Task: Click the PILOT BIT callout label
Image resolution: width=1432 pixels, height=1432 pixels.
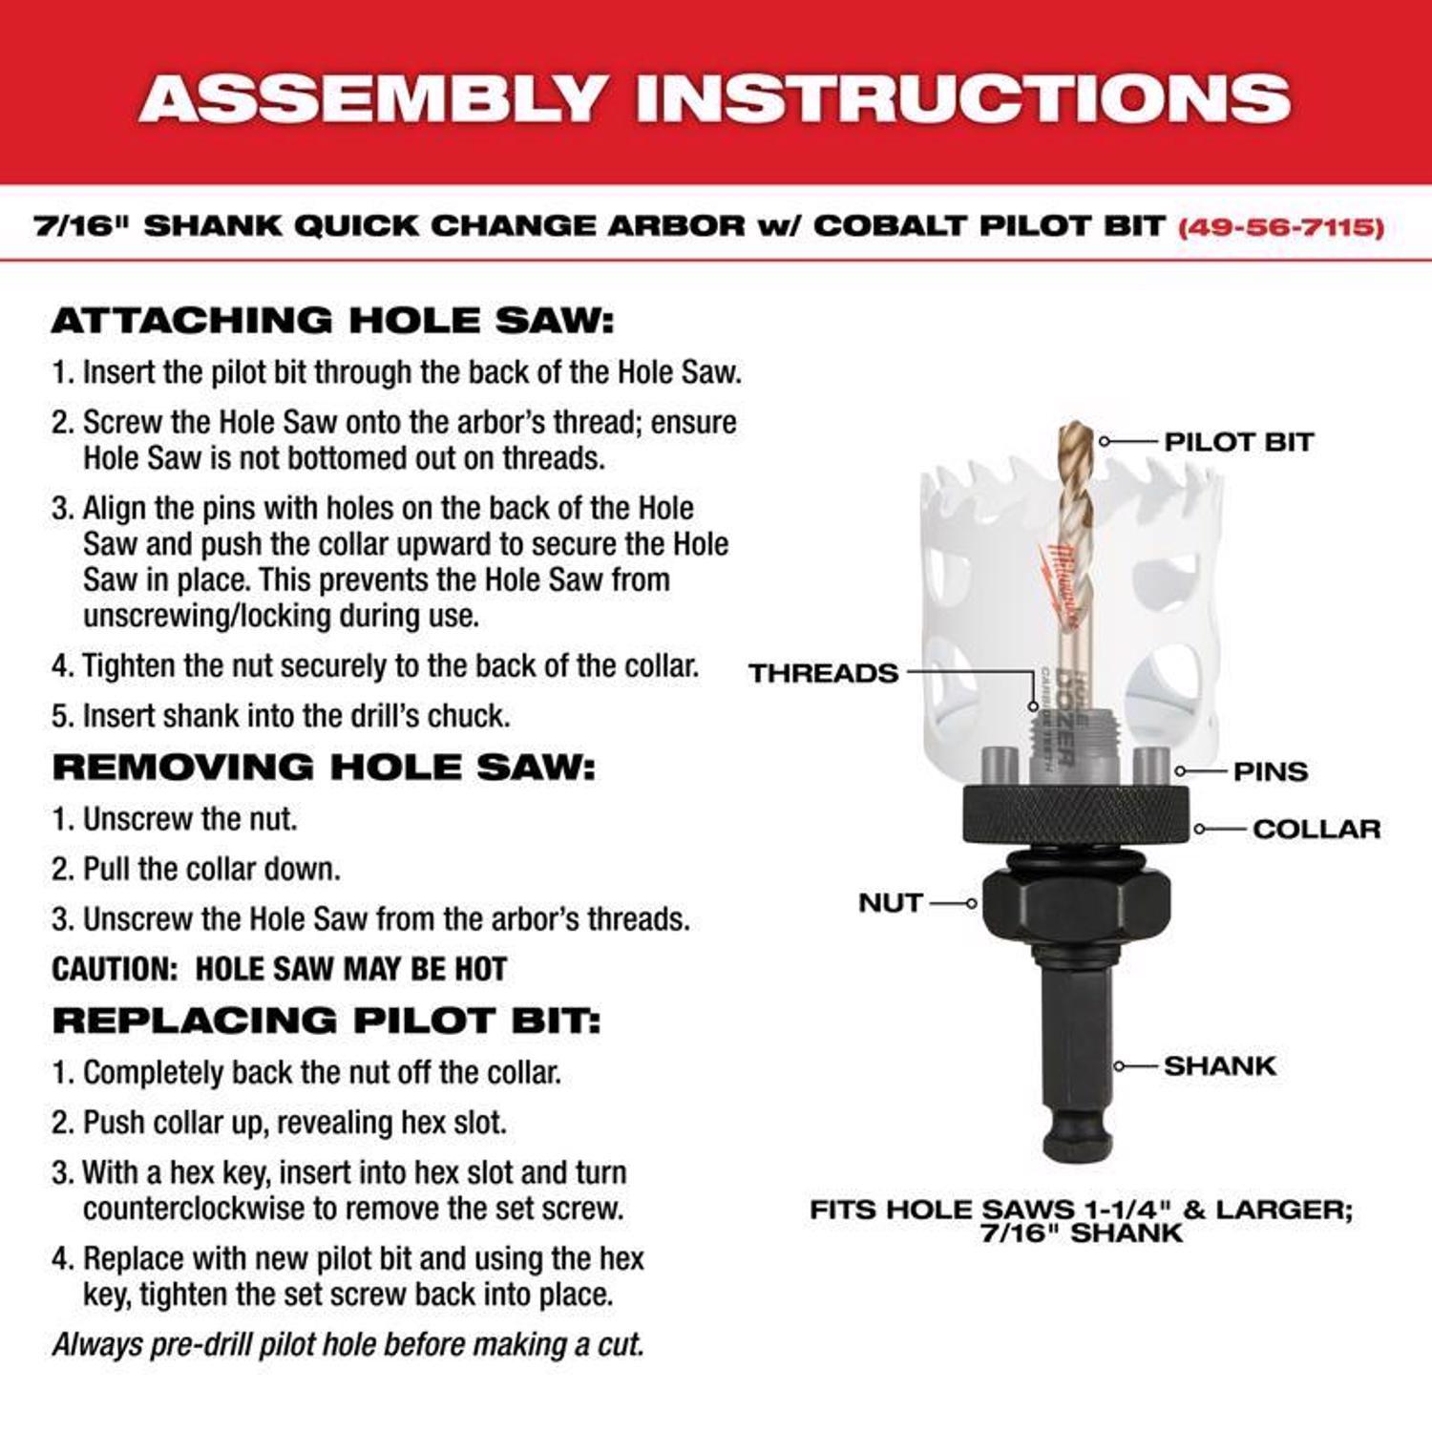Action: pos(1238,442)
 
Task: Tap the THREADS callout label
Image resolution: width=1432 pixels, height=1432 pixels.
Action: pos(823,673)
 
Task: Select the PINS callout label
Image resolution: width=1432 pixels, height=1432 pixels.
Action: pos(1270,771)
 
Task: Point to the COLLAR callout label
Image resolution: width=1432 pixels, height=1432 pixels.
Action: pos(1316,829)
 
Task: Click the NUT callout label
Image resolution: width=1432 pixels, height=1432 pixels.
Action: pos(890,902)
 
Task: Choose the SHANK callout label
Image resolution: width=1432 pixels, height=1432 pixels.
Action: pos(1219,1065)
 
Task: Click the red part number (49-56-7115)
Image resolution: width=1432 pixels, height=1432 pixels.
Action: pos(1281,227)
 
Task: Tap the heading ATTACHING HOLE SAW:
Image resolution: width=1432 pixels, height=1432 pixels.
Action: pos(332,320)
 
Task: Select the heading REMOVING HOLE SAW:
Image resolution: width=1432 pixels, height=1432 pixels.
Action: pos(324,767)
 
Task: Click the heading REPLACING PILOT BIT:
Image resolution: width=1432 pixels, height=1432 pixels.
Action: pos(326,1021)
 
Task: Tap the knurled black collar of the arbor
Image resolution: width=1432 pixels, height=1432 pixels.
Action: pos(1076,814)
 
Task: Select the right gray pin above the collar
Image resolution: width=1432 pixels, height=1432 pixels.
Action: pos(1149,766)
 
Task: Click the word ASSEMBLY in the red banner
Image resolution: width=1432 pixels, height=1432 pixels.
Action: pos(372,98)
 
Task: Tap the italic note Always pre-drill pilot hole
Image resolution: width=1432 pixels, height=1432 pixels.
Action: pos(348,1344)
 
